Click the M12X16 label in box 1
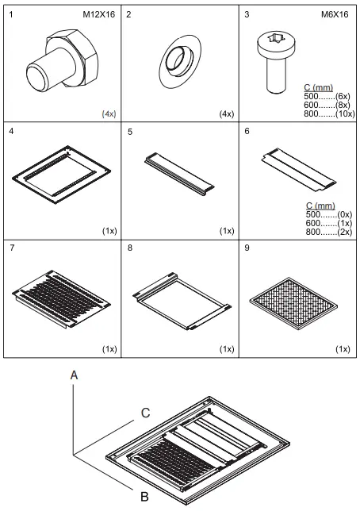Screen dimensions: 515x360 coord(99,15)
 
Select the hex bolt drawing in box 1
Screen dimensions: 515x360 coord(59,63)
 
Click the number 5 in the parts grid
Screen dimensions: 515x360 coord(129,131)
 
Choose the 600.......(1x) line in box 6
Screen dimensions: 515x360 coord(328,223)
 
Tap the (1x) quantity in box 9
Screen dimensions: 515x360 coord(343,348)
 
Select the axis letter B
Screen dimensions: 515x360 coord(144,498)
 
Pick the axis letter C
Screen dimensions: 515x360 coord(145,412)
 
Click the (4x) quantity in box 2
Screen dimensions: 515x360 coord(226,113)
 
